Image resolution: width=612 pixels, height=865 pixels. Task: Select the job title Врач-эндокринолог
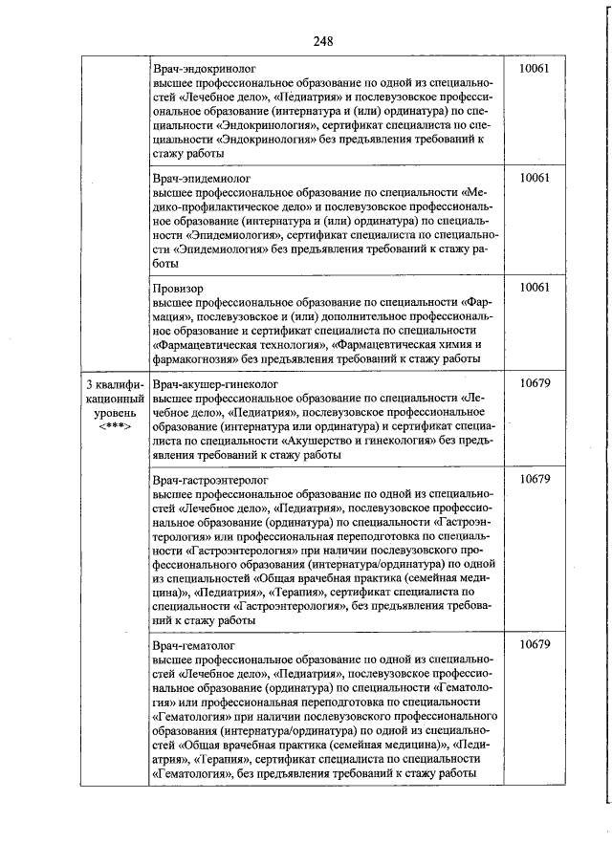pos(203,70)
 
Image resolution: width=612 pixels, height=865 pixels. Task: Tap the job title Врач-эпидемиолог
pos(201,178)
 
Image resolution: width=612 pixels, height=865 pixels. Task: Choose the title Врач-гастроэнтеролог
pos(209,479)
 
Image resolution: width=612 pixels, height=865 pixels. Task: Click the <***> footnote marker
pos(113,425)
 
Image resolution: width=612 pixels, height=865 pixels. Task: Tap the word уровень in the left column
pos(113,412)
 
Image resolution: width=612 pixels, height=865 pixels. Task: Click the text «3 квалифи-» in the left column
pos(113,384)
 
